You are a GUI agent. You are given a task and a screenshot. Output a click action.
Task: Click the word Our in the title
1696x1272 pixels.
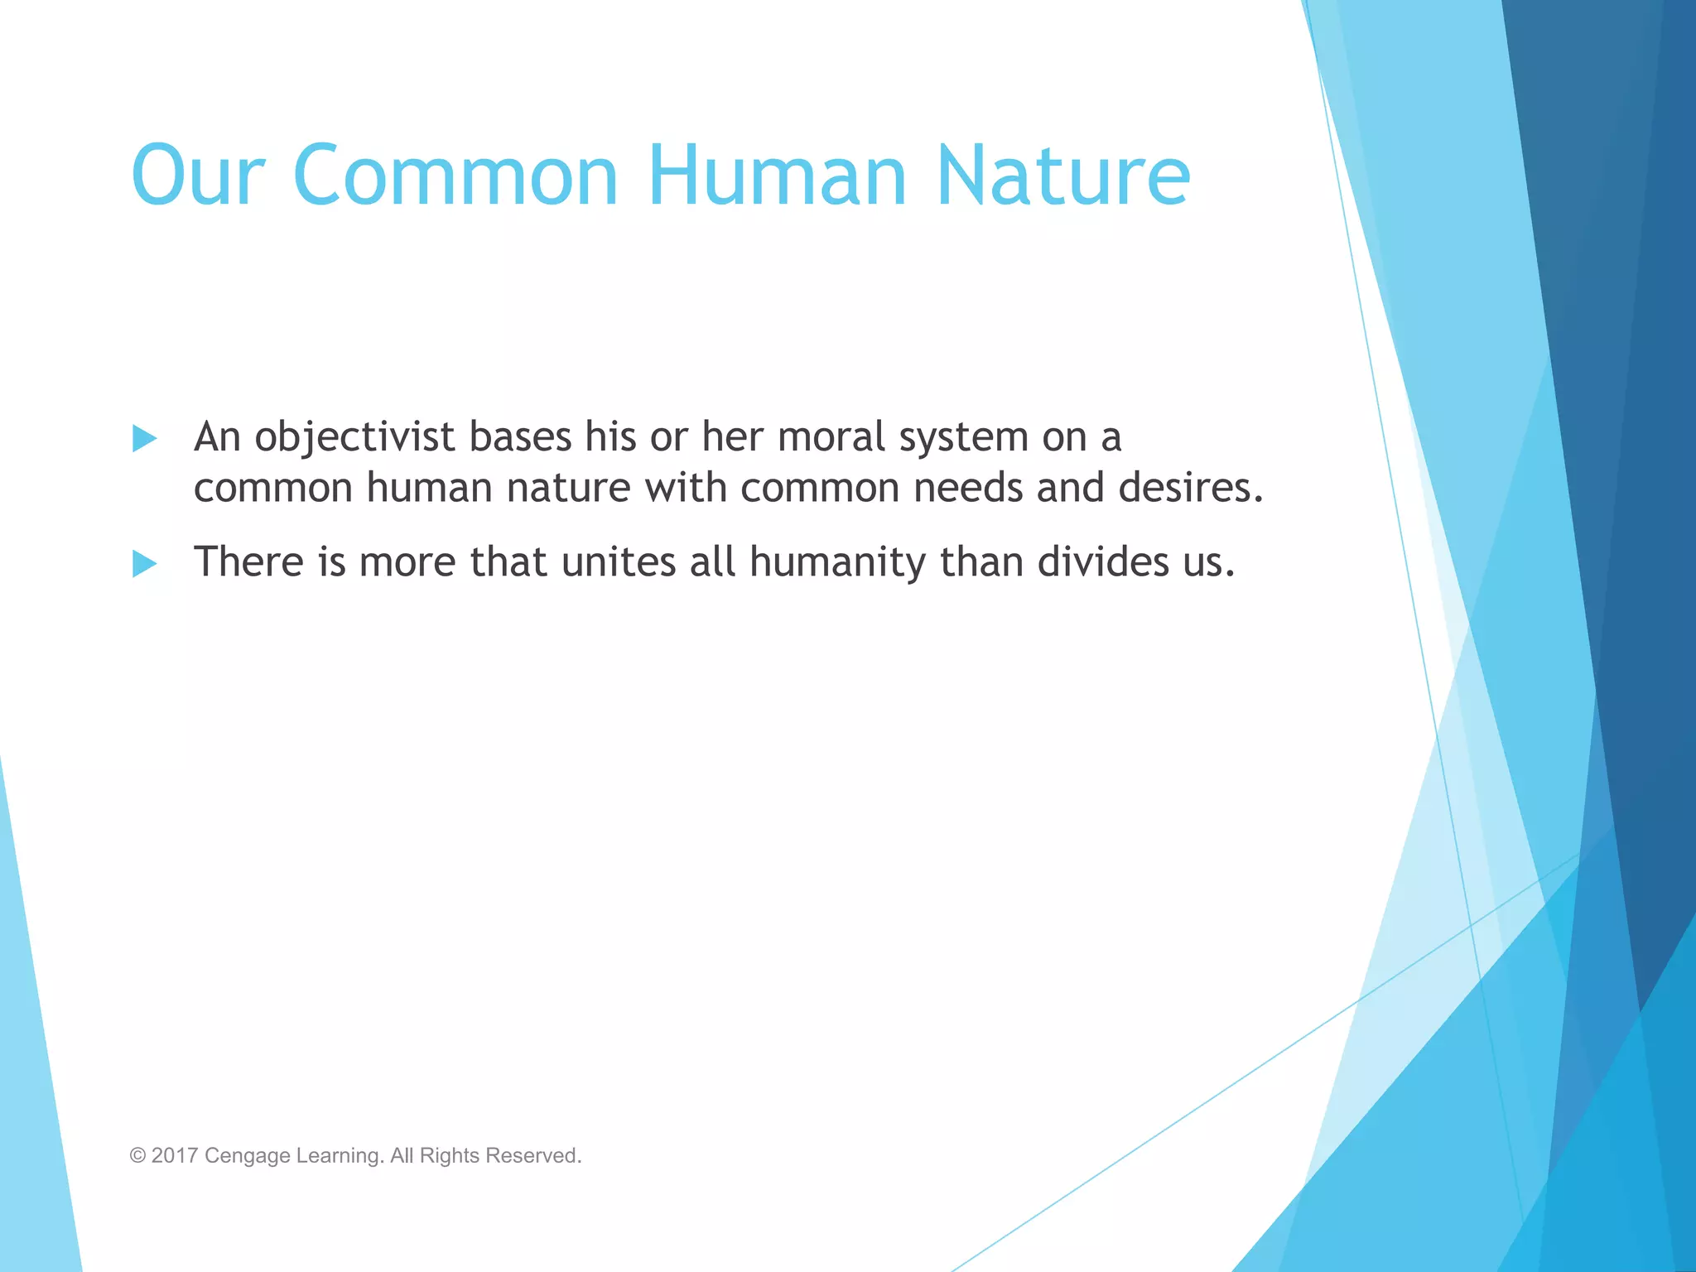[x=197, y=176]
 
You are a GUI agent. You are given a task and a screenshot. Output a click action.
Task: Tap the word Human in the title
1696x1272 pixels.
[x=778, y=176]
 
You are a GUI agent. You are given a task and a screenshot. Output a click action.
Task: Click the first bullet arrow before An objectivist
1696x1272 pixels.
[x=145, y=438]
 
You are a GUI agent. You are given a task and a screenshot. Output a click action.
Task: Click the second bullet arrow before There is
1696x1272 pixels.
[x=145, y=564]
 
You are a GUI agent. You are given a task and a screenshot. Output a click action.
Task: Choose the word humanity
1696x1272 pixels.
[x=837, y=563]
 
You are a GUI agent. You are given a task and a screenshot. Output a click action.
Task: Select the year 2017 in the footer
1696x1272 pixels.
[x=174, y=1156]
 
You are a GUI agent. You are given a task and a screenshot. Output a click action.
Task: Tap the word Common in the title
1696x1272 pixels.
[x=455, y=176]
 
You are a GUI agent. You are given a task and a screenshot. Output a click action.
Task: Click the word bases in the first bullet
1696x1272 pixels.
[x=520, y=437]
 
